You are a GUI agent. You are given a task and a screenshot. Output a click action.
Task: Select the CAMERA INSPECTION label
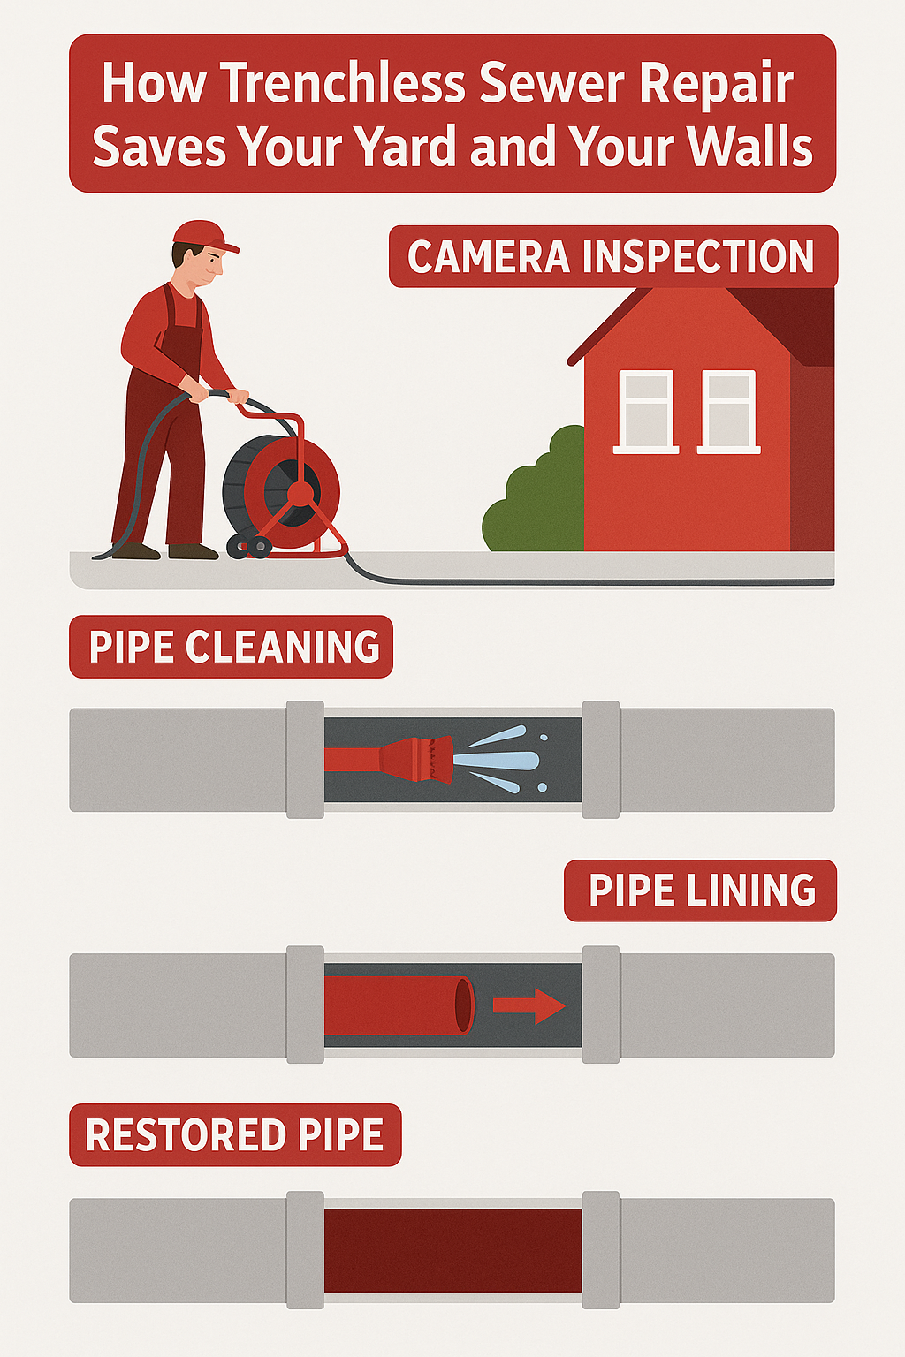(612, 256)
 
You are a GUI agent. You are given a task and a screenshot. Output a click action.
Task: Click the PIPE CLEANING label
(231, 647)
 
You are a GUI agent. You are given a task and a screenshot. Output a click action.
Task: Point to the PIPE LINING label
(700, 891)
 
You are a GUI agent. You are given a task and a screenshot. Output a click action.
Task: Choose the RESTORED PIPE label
(235, 1134)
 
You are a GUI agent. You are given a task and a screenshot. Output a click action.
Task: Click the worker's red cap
(205, 236)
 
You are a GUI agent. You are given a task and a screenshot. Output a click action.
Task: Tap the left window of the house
(646, 412)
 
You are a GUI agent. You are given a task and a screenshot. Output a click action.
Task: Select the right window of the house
(728, 412)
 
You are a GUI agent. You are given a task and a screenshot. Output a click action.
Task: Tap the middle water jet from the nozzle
(496, 760)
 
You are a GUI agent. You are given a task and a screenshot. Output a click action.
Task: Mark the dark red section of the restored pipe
(452, 1250)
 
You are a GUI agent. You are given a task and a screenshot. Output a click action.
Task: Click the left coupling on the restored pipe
(305, 1250)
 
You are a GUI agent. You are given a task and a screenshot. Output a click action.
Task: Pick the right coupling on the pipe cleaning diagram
(601, 760)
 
